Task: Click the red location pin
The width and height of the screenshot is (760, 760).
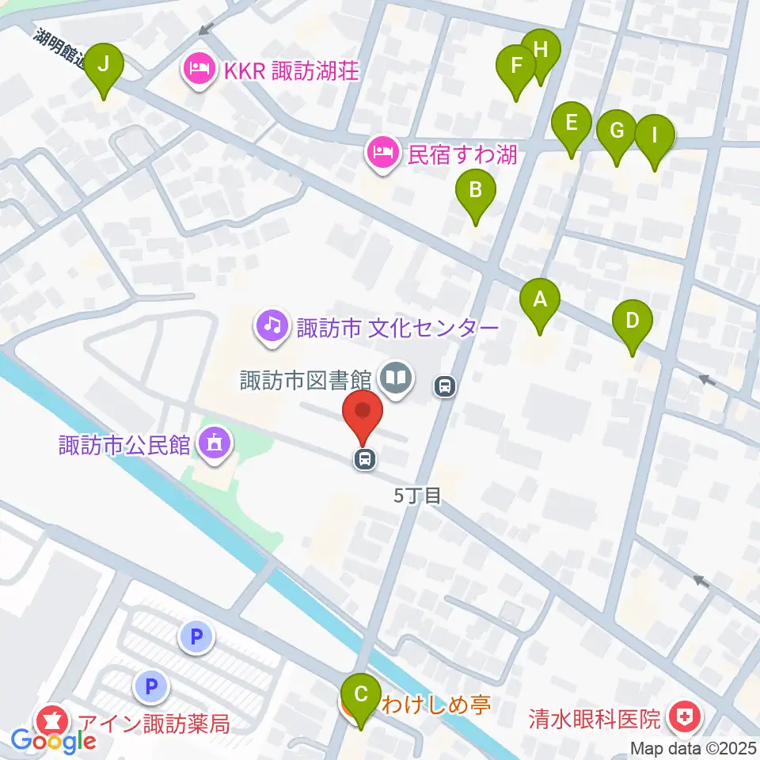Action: click(363, 415)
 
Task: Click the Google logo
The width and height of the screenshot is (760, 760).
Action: click(53, 741)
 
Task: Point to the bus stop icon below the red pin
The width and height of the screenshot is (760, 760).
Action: click(365, 458)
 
